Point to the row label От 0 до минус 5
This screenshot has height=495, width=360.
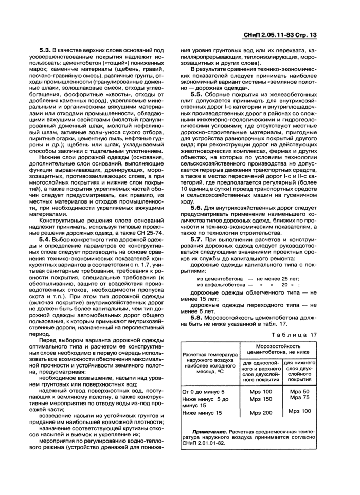204,392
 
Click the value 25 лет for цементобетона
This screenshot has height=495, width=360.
289,278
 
